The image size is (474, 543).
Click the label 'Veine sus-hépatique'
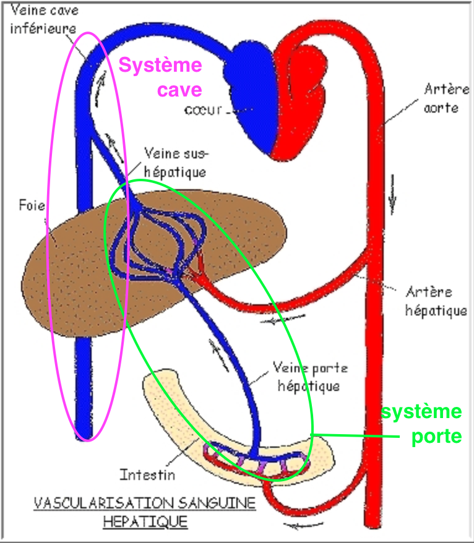pos(176,161)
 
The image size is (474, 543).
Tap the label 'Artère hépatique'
pos(436,301)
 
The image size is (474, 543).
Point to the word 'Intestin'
pos(147,475)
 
